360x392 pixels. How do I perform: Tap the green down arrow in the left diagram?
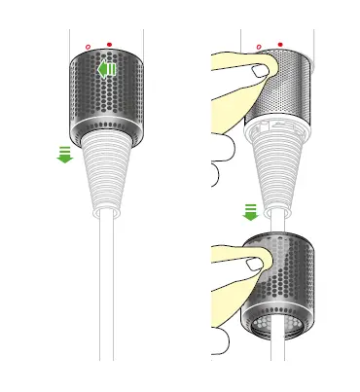[x=65, y=153]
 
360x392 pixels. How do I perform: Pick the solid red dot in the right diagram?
[x=280, y=44]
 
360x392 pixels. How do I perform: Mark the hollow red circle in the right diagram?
[x=258, y=45]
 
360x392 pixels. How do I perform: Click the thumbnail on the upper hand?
[x=258, y=69]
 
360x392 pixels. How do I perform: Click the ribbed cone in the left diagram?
[x=105, y=175]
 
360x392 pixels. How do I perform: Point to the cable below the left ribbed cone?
[x=105, y=292]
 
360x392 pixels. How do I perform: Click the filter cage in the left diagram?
[x=105, y=92]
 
